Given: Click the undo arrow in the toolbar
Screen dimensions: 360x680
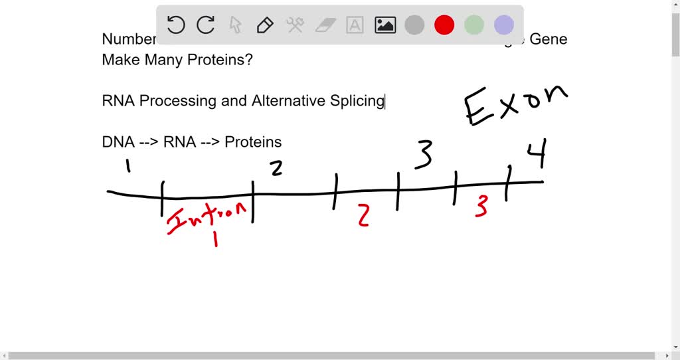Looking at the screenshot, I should tap(176, 26).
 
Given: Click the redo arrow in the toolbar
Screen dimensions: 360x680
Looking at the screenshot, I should tap(206, 26).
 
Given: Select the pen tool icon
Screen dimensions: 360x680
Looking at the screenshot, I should tap(265, 26).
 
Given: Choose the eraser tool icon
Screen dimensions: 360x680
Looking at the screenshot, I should tap(325, 26).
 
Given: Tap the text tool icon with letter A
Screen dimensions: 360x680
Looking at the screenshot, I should tap(355, 26).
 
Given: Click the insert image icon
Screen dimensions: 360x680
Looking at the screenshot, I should tap(385, 26).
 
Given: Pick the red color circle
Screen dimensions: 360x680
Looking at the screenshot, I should tap(444, 26).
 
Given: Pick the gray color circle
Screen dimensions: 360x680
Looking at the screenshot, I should tap(414, 26).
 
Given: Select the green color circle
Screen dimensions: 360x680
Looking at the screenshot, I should tap(474, 26).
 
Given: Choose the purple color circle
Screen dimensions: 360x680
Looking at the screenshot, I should tap(504, 26).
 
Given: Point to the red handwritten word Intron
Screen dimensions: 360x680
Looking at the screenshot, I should tap(207, 217).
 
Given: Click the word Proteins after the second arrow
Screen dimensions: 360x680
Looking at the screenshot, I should tap(253, 142).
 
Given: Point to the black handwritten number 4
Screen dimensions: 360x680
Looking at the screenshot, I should tap(537, 157).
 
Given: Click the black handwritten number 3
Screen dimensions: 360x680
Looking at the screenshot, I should tap(424, 155).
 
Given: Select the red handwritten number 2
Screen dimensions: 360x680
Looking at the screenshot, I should tap(363, 215).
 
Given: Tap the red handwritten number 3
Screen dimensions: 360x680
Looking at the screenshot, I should tap(481, 207).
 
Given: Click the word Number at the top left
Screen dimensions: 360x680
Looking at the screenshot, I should tap(128, 39).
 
